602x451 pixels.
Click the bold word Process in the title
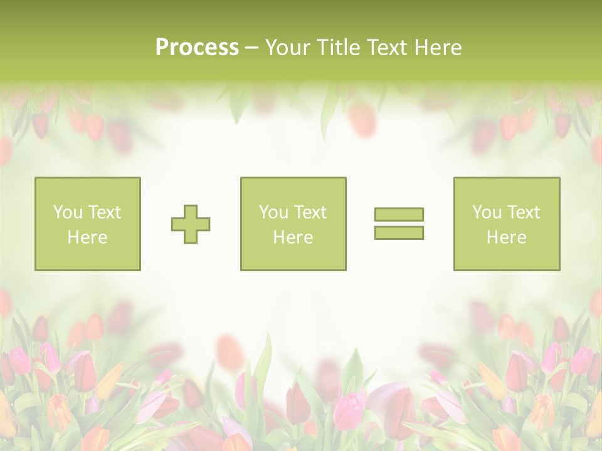tap(197, 48)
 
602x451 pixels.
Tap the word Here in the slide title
tap(438, 48)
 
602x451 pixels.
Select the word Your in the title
tap(287, 48)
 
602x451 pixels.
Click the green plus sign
tap(191, 224)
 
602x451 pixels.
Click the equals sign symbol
tap(399, 224)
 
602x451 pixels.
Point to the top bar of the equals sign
tap(399, 215)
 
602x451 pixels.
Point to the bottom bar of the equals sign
tap(399, 232)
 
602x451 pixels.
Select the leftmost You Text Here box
tap(88, 224)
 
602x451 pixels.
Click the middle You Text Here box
tap(293, 224)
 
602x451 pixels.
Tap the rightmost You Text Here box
tap(506, 224)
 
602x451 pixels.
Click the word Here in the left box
tap(88, 237)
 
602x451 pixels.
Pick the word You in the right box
tap(487, 212)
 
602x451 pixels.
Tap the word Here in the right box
tap(506, 237)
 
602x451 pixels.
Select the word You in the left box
tap(68, 212)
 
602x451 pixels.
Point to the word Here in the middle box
tap(293, 237)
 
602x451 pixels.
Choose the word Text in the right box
tap(523, 212)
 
